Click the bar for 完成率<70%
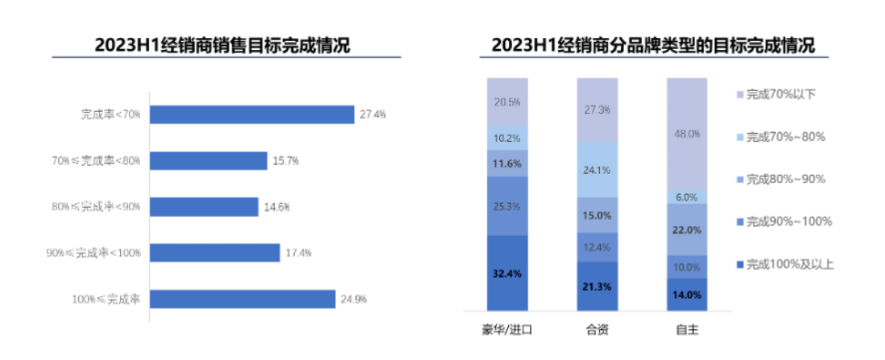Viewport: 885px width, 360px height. pos(252,114)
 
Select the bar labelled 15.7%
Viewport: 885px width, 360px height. pos(209,161)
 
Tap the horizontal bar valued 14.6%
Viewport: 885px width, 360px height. pos(205,207)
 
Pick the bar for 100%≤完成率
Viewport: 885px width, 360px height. pos(242,299)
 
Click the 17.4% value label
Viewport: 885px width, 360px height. pos(298,253)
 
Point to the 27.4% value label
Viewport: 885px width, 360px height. pos(373,114)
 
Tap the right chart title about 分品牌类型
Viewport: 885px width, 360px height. pos(653,45)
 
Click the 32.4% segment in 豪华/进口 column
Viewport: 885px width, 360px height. pos(507,273)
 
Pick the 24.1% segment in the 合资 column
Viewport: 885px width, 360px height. pos(597,170)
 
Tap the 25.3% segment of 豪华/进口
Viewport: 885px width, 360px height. pos(507,206)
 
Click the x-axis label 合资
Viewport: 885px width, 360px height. pos(597,330)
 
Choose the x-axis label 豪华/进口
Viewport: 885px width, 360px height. pos(507,330)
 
